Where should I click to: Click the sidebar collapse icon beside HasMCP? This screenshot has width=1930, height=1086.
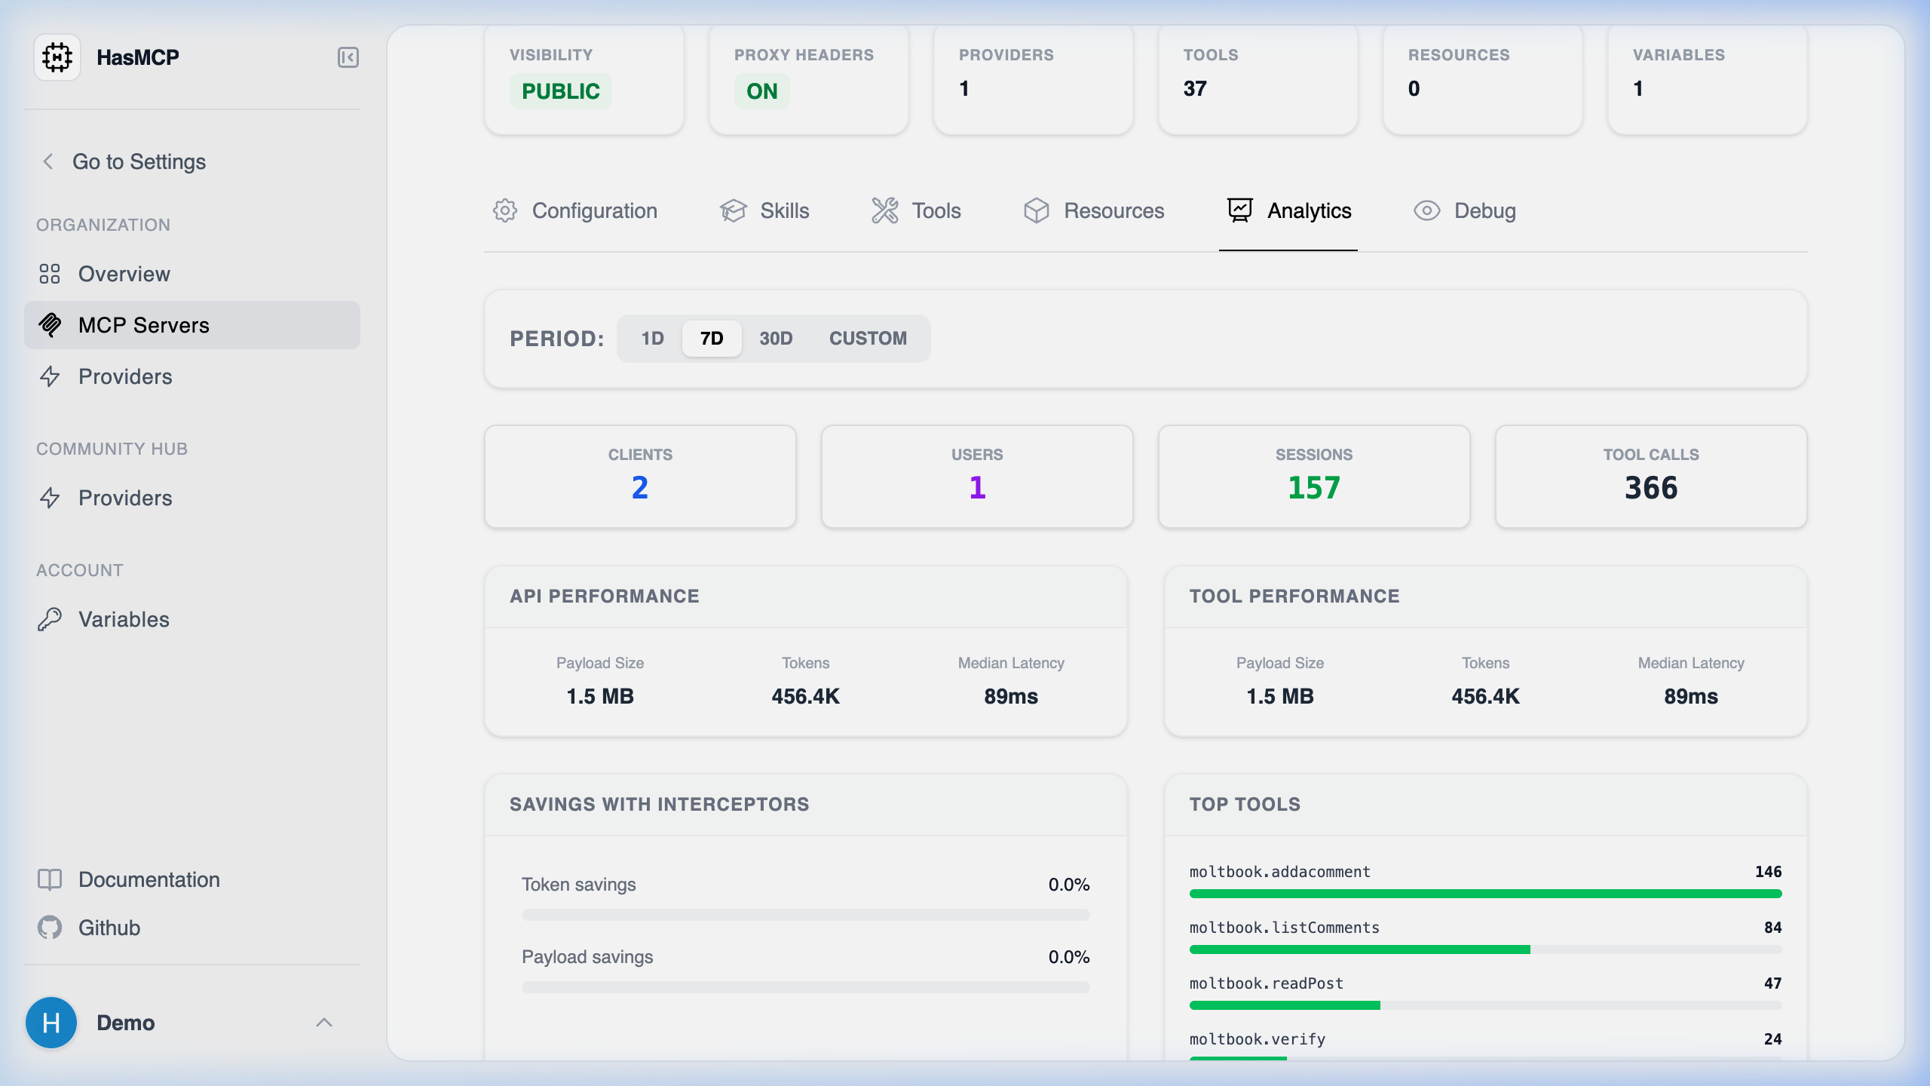point(348,57)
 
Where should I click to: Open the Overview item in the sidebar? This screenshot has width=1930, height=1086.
point(124,274)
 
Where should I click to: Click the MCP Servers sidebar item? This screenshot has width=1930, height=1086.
point(143,325)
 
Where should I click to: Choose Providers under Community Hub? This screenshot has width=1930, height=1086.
point(124,498)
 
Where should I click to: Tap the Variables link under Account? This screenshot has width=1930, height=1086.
point(124,619)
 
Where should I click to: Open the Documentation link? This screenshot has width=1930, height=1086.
point(149,879)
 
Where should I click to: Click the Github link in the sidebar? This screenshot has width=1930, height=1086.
point(109,928)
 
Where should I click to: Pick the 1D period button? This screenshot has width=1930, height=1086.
point(652,338)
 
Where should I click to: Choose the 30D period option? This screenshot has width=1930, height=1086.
point(776,338)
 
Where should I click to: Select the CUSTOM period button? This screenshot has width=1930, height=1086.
point(868,338)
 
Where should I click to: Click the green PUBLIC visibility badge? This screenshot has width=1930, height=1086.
point(560,91)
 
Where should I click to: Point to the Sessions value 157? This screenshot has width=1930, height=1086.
point(1313,488)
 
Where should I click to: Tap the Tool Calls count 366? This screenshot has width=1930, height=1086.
point(1650,488)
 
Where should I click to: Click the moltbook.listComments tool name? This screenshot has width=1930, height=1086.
point(1284,928)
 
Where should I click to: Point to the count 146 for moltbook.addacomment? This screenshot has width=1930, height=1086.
point(1768,872)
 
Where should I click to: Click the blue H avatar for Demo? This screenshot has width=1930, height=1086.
point(51,1023)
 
